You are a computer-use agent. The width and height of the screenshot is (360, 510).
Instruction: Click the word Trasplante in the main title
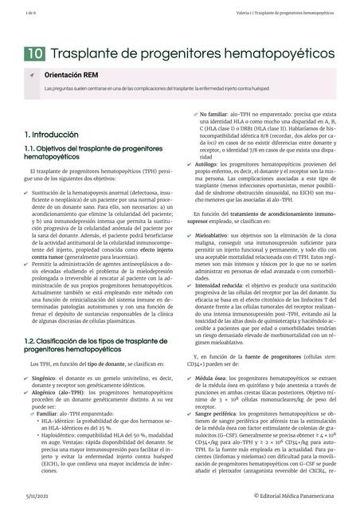(x=88, y=53)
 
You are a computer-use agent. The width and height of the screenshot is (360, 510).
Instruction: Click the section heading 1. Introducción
(x=52, y=135)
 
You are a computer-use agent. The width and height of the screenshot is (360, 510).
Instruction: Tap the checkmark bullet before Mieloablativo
(x=188, y=237)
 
